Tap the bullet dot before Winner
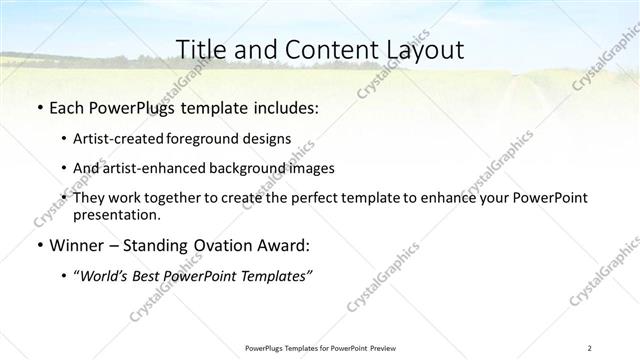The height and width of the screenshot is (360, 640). (x=38, y=244)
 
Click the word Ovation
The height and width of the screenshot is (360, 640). (x=229, y=244)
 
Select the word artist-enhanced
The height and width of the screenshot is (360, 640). (x=153, y=168)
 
